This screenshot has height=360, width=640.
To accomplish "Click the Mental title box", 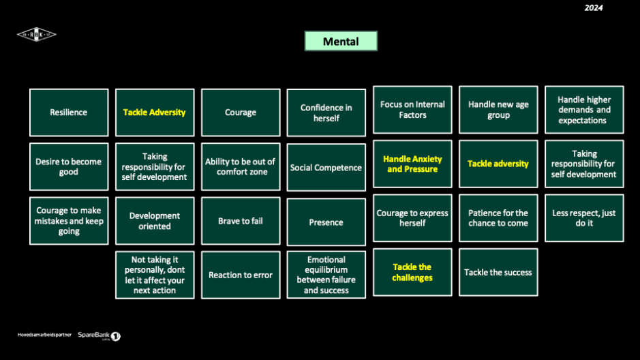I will pos(341,41).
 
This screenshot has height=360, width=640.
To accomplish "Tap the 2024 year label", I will pos(594,8).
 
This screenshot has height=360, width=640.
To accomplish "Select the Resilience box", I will pos(69,112).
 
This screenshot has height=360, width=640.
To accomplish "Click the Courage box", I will pos(241,112).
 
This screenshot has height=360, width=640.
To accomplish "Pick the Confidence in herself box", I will pos(326,112).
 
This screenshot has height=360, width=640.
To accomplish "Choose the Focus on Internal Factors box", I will pos(412,110).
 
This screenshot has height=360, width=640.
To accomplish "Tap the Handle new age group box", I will pos(498,110).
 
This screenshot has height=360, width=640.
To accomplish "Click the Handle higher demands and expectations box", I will pos(584,110).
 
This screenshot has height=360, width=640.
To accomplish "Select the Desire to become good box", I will pos(69,166).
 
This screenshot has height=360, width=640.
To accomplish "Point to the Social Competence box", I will pos(326,167).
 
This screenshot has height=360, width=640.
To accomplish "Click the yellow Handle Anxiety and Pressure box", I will pos(412,164).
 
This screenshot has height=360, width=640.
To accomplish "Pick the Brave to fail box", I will pos(241,221).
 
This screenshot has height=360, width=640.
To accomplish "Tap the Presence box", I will pos(326,222).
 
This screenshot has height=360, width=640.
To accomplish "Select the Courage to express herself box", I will pos(412,218).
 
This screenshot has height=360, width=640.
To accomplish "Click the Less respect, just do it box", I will pos(584,218).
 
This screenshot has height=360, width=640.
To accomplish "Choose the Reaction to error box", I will pos(241,275).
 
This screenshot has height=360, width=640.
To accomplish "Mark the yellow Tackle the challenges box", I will pos(412,272).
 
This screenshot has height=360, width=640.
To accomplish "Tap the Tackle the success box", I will pos(498,272).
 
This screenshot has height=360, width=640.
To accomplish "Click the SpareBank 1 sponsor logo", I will pos(99,335).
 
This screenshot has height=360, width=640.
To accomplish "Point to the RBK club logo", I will pos(37,34).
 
